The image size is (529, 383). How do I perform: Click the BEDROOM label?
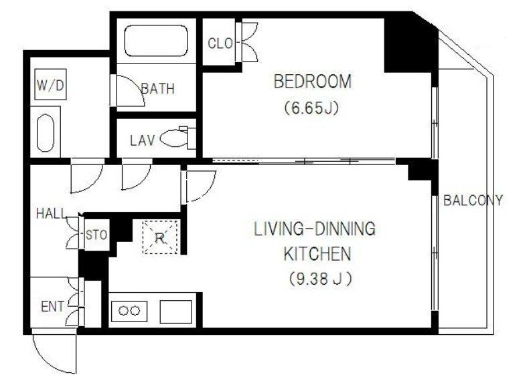[x=313, y=82]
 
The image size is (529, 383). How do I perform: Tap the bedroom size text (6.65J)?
[x=311, y=108]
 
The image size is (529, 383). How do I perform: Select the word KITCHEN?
[x=317, y=254]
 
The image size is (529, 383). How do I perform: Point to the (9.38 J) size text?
[x=320, y=279]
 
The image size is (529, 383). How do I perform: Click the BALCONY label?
[x=473, y=201]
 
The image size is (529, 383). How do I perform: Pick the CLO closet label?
[x=220, y=43]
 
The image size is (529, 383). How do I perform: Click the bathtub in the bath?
[x=156, y=40]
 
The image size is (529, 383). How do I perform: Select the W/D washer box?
[x=50, y=84]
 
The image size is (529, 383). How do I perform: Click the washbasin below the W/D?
[x=46, y=134]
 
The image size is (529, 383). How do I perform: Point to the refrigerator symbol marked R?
[x=160, y=237]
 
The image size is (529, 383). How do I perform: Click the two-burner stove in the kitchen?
[x=129, y=311]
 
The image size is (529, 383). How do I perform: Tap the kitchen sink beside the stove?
[x=175, y=311]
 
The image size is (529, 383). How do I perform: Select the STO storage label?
[x=96, y=235]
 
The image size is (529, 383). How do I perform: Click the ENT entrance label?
[x=52, y=307]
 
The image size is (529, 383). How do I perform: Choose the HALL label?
[x=52, y=214]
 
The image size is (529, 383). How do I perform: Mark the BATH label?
[x=158, y=89]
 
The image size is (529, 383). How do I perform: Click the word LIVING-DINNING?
[x=315, y=229]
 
